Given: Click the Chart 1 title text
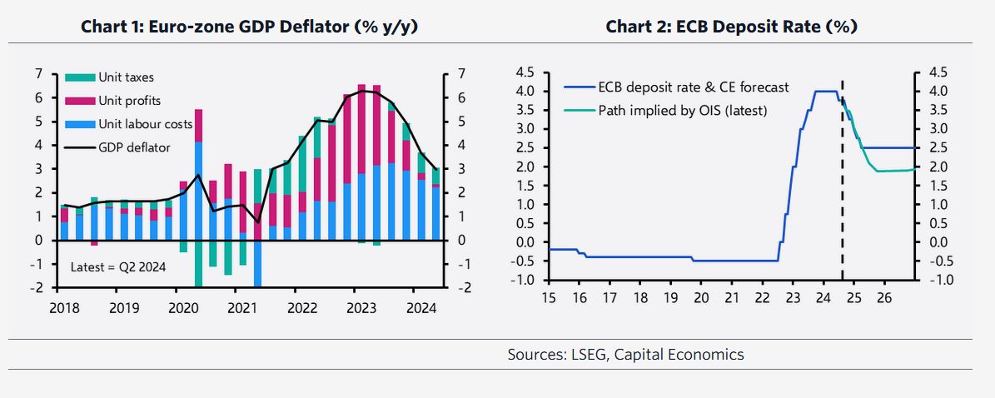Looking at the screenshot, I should (249, 27).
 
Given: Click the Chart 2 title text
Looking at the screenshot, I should (731, 27).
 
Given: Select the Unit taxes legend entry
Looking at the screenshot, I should (126, 77).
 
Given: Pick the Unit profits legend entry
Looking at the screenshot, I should (129, 101).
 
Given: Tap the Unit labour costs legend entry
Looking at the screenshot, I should (145, 124).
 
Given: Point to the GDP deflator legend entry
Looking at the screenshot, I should (134, 147).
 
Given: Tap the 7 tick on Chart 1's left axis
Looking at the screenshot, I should (38, 74).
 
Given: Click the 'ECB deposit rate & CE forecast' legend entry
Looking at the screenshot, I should (693, 87).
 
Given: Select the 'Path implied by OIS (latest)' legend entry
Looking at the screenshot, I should (682, 110).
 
